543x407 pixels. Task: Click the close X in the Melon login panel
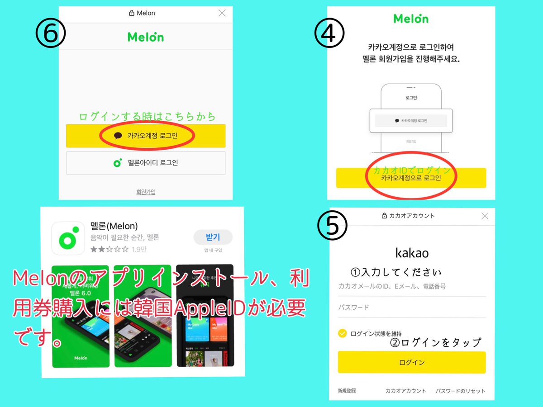[222, 13]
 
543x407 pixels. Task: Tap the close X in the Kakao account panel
[485, 216]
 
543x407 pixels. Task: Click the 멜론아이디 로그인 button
[146, 163]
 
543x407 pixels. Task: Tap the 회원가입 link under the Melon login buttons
[146, 192]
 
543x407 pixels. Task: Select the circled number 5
[332, 226]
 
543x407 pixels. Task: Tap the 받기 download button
[213, 237]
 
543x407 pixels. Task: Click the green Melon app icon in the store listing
[68, 238]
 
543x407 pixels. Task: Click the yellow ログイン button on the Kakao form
[411, 362]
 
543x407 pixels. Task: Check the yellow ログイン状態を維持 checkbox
[343, 333]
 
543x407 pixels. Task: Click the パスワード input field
[411, 308]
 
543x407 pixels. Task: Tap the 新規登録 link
[347, 391]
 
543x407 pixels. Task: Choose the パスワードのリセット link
[460, 391]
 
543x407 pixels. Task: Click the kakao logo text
[411, 252]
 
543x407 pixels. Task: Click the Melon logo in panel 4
[410, 19]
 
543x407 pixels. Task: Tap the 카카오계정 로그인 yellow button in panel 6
[146, 136]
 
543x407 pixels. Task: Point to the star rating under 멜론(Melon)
[110, 249]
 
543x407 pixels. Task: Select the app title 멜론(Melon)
[114, 226]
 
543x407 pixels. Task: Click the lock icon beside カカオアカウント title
[384, 216]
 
